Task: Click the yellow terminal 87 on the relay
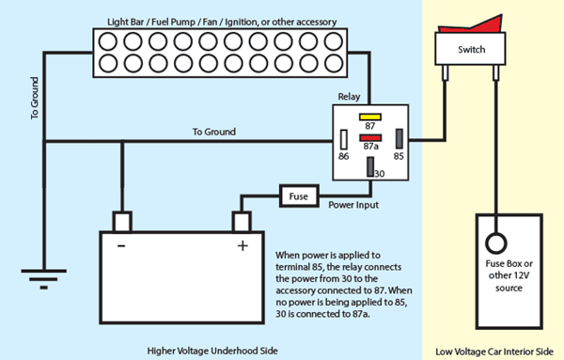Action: coord(369,117)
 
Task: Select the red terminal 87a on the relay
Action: coord(370,138)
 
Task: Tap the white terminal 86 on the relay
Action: coord(344,139)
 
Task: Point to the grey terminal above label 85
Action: coord(399,139)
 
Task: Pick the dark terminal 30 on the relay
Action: coord(370,167)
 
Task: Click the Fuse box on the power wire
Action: coord(299,196)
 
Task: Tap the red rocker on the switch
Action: coord(471,24)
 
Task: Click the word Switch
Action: coord(471,49)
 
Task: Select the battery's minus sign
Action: coord(121,246)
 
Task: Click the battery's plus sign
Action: coord(243,246)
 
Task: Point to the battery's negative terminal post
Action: coord(122,222)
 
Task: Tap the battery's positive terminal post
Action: coord(242,222)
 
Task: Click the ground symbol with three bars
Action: coord(44,279)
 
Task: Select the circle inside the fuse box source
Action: coord(496,243)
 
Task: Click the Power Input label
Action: coord(353,205)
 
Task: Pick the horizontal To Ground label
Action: coord(214,132)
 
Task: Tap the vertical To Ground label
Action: coord(34,98)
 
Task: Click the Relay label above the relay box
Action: coord(349,97)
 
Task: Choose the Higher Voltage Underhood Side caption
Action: coord(212,351)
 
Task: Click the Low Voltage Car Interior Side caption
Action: coord(494,352)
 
